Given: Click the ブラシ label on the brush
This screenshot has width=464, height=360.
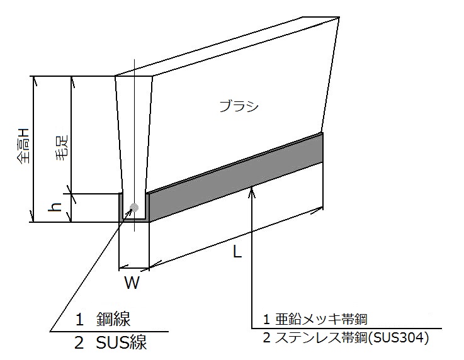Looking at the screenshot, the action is point(239,106).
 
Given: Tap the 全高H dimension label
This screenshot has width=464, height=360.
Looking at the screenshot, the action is point(23,145).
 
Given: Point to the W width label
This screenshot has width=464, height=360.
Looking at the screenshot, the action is point(132,283).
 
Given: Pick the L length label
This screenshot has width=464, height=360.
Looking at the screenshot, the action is point(237,252).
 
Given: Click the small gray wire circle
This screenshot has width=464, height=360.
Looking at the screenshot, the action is point(134,207).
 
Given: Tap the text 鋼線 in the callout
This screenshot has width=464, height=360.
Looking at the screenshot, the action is point(113,320).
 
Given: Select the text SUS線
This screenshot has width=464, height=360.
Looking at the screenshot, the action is point(122,344).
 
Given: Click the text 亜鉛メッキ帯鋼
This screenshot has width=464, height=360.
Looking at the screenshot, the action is point(321,319).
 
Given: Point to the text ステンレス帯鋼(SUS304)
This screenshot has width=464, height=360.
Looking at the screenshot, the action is point(352,338).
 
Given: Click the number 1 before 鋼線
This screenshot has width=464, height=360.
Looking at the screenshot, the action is point(79,320).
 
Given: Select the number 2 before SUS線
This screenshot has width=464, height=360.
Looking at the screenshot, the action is point(79,344).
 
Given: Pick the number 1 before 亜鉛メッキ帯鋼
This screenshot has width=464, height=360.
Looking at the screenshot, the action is point(266,319).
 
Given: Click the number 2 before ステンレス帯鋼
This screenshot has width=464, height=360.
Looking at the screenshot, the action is point(266,338).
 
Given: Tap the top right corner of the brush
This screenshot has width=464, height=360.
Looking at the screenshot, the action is point(339,17).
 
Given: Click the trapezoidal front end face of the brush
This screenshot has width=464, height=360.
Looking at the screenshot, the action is point(133,133).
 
